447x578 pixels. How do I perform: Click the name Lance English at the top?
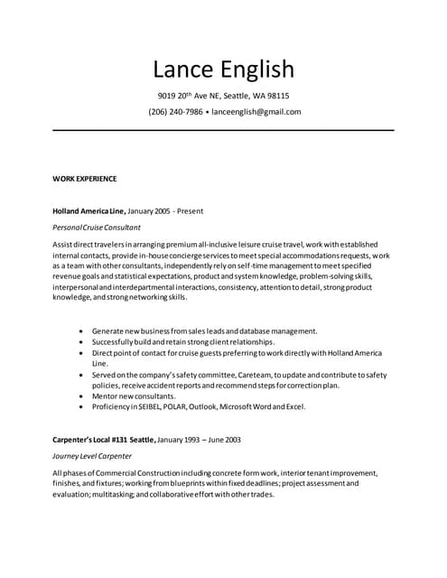coord(223,70)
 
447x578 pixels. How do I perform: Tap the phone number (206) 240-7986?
coord(175,112)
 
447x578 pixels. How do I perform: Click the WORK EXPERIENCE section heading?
coord(85,179)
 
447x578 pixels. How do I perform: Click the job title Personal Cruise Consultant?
coord(97,227)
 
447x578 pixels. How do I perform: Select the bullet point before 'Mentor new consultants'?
coord(83,396)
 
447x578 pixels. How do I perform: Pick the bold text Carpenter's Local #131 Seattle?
coord(104,440)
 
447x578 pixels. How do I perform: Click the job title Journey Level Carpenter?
coord(92,456)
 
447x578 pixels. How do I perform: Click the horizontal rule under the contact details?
coord(223,131)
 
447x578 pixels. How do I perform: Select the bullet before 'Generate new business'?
coord(83,331)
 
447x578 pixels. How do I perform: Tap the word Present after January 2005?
coord(190,210)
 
